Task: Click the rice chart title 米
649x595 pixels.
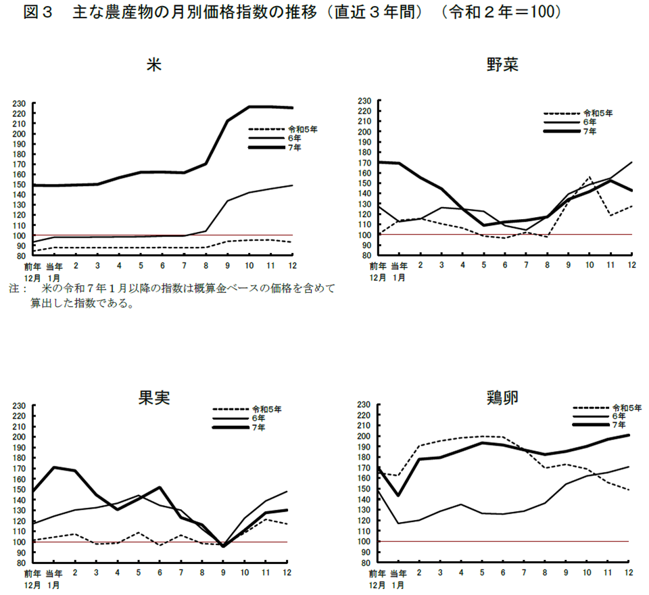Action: tap(153, 66)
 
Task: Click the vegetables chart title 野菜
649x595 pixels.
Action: tap(502, 66)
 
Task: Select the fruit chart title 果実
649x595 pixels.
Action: tap(153, 397)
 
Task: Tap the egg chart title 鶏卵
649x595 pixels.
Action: tap(502, 397)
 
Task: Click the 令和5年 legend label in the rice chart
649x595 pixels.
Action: tap(302, 128)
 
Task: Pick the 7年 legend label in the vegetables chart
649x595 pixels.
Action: tap(590, 131)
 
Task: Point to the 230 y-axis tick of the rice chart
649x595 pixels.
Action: tap(19, 103)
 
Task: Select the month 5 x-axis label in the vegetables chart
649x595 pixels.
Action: tap(484, 265)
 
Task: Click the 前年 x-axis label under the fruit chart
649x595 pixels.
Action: tap(33, 573)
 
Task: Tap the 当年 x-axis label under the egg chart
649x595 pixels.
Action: tap(398, 572)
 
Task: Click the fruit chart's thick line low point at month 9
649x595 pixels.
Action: tap(224, 546)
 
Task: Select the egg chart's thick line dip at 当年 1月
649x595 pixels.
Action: tap(398, 495)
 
